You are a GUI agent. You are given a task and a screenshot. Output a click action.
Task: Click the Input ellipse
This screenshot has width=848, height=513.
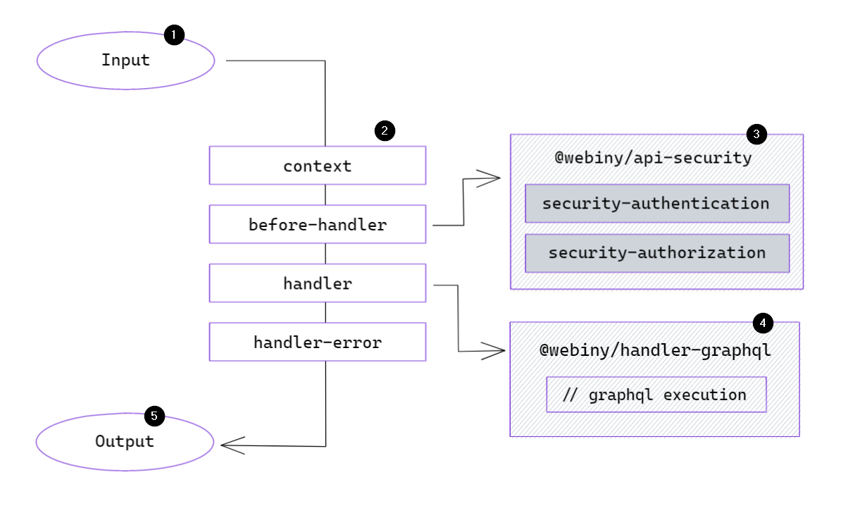(125, 60)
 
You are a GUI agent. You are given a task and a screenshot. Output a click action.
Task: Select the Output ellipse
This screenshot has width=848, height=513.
(125, 442)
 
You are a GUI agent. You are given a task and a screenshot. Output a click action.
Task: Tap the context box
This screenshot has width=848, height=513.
(317, 166)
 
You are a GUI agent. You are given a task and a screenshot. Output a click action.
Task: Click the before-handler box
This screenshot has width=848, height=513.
(317, 225)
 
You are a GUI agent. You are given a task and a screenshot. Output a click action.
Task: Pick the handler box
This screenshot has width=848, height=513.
(317, 283)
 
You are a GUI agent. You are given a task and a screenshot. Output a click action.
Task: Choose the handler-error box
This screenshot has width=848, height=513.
(317, 342)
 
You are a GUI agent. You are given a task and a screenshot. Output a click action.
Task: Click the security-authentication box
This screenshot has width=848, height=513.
(656, 204)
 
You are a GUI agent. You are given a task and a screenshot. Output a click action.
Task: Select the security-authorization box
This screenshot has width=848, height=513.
(656, 253)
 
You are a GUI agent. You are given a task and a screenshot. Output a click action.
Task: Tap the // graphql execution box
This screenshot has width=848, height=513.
(656, 395)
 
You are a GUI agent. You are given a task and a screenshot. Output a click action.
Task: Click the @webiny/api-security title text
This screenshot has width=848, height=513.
(654, 158)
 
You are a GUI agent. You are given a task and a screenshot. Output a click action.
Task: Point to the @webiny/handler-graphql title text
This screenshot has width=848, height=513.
(655, 350)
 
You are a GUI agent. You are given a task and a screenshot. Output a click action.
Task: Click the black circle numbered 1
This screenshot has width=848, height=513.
(174, 35)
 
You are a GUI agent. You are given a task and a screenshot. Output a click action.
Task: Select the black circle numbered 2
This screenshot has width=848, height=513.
(385, 130)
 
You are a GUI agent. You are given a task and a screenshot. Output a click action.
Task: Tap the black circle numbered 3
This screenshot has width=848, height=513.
(756, 133)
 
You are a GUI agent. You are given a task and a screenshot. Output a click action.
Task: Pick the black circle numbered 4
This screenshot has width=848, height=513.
(763, 323)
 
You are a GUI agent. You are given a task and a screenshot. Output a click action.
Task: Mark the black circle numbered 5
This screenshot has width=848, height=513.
(154, 416)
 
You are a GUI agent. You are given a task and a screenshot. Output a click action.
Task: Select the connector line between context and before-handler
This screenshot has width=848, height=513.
(325, 194)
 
